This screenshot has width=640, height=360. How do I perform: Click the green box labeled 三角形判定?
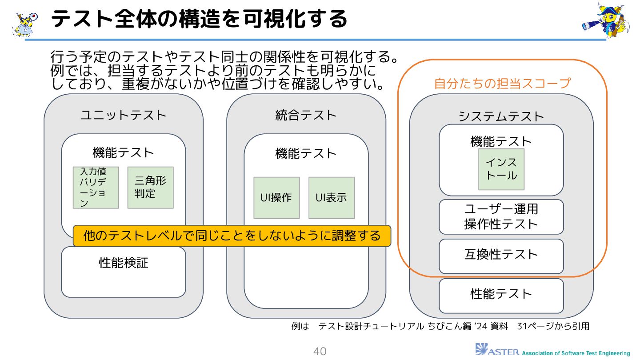coord(150,188)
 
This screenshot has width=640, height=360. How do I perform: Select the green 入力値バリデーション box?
coord(96,188)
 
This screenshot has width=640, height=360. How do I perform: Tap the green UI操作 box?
coord(276,198)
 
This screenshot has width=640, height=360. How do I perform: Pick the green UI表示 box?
coord(332,198)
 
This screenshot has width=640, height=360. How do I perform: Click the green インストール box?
coord(501,169)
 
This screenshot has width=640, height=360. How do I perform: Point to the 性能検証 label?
coord(124,263)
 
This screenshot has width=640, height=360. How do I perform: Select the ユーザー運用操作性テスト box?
coord(501,216)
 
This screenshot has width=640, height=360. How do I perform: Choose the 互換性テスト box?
coord(501,255)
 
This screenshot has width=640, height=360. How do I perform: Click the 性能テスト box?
coord(501,295)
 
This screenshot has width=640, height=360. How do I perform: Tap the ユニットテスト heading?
coord(124,116)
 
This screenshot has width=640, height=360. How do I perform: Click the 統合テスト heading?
coord(306,116)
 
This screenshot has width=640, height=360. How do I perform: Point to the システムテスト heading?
coord(501,116)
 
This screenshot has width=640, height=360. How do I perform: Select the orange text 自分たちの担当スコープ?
coord(502,84)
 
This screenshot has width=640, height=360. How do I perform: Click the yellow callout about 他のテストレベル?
coord(232,236)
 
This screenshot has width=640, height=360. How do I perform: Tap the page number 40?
coord(320,352)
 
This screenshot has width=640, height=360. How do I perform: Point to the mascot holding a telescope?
coord(606,20)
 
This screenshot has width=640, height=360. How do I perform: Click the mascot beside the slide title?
coord(25,23)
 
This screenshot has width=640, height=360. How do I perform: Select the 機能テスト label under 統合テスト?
coord(306,154)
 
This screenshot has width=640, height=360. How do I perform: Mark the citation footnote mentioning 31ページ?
coord(440,326)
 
